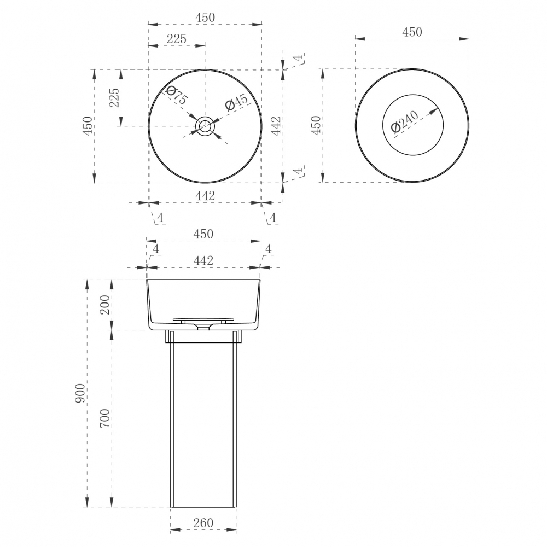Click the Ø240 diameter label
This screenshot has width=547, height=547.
[405, 121]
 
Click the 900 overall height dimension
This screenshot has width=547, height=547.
[80, 393]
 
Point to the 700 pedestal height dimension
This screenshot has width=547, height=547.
[104, 418]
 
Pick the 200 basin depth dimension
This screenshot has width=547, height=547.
[104, 305]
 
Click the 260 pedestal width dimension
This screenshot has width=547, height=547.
[203, 523]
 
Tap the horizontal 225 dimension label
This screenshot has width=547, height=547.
[177, 39]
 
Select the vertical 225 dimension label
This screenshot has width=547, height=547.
[114, 98]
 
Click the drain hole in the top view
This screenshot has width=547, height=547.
[205, 126]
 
